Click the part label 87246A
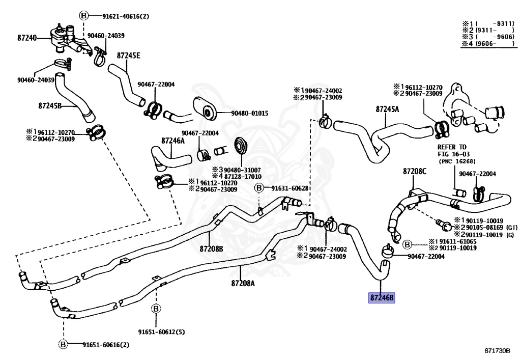pyautogui.click(x=173, y=140)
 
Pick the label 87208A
pyautogui.click(x=242, y=283)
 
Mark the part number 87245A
pyautogui.click(x=388, y=109)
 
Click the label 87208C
pyautogui.click(x=415, y=172)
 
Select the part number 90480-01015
pyautogui.click(x=249, y=113)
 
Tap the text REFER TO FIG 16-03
pyautogui.click(x=452, y=150)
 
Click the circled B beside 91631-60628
pyautogui.click(x=258, y=188)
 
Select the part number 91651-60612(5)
pyautogui.click(x=161, y=332)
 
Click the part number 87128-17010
pyautogui.click(x=240, y=176)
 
